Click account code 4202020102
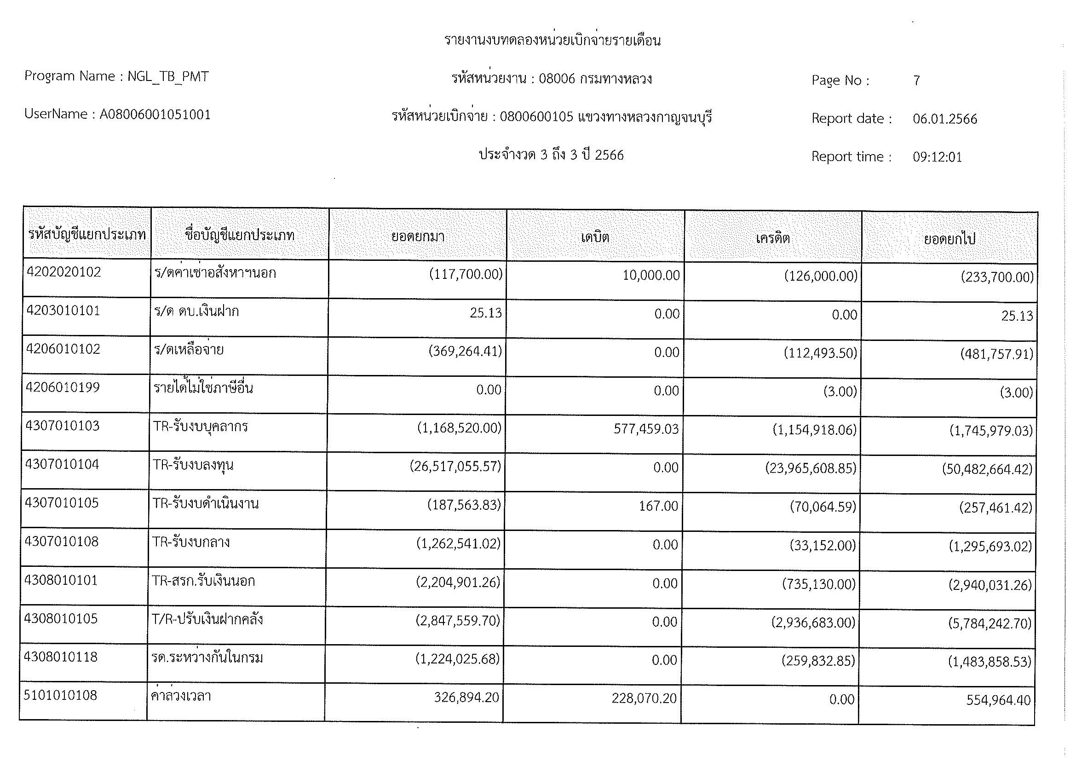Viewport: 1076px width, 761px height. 64,272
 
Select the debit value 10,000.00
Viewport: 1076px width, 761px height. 651,275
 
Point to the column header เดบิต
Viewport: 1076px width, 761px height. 595,237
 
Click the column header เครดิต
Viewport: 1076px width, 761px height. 773,238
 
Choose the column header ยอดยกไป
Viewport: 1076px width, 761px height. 949,239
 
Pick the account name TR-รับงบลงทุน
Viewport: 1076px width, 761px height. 193,465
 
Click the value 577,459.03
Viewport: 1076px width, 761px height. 646,429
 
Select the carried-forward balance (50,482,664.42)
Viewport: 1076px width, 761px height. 987,469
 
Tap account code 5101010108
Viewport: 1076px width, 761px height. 60,695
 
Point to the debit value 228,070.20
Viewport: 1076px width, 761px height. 644,699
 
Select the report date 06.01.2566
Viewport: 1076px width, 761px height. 945,119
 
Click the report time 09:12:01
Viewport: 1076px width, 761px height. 937,157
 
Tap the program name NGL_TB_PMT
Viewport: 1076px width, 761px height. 168,76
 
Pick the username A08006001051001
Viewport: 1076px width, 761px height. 155,115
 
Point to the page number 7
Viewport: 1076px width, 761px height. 917,81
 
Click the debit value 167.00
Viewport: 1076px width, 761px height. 658,506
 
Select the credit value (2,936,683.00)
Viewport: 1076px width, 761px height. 814,623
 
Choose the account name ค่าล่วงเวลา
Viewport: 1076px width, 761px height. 181,696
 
